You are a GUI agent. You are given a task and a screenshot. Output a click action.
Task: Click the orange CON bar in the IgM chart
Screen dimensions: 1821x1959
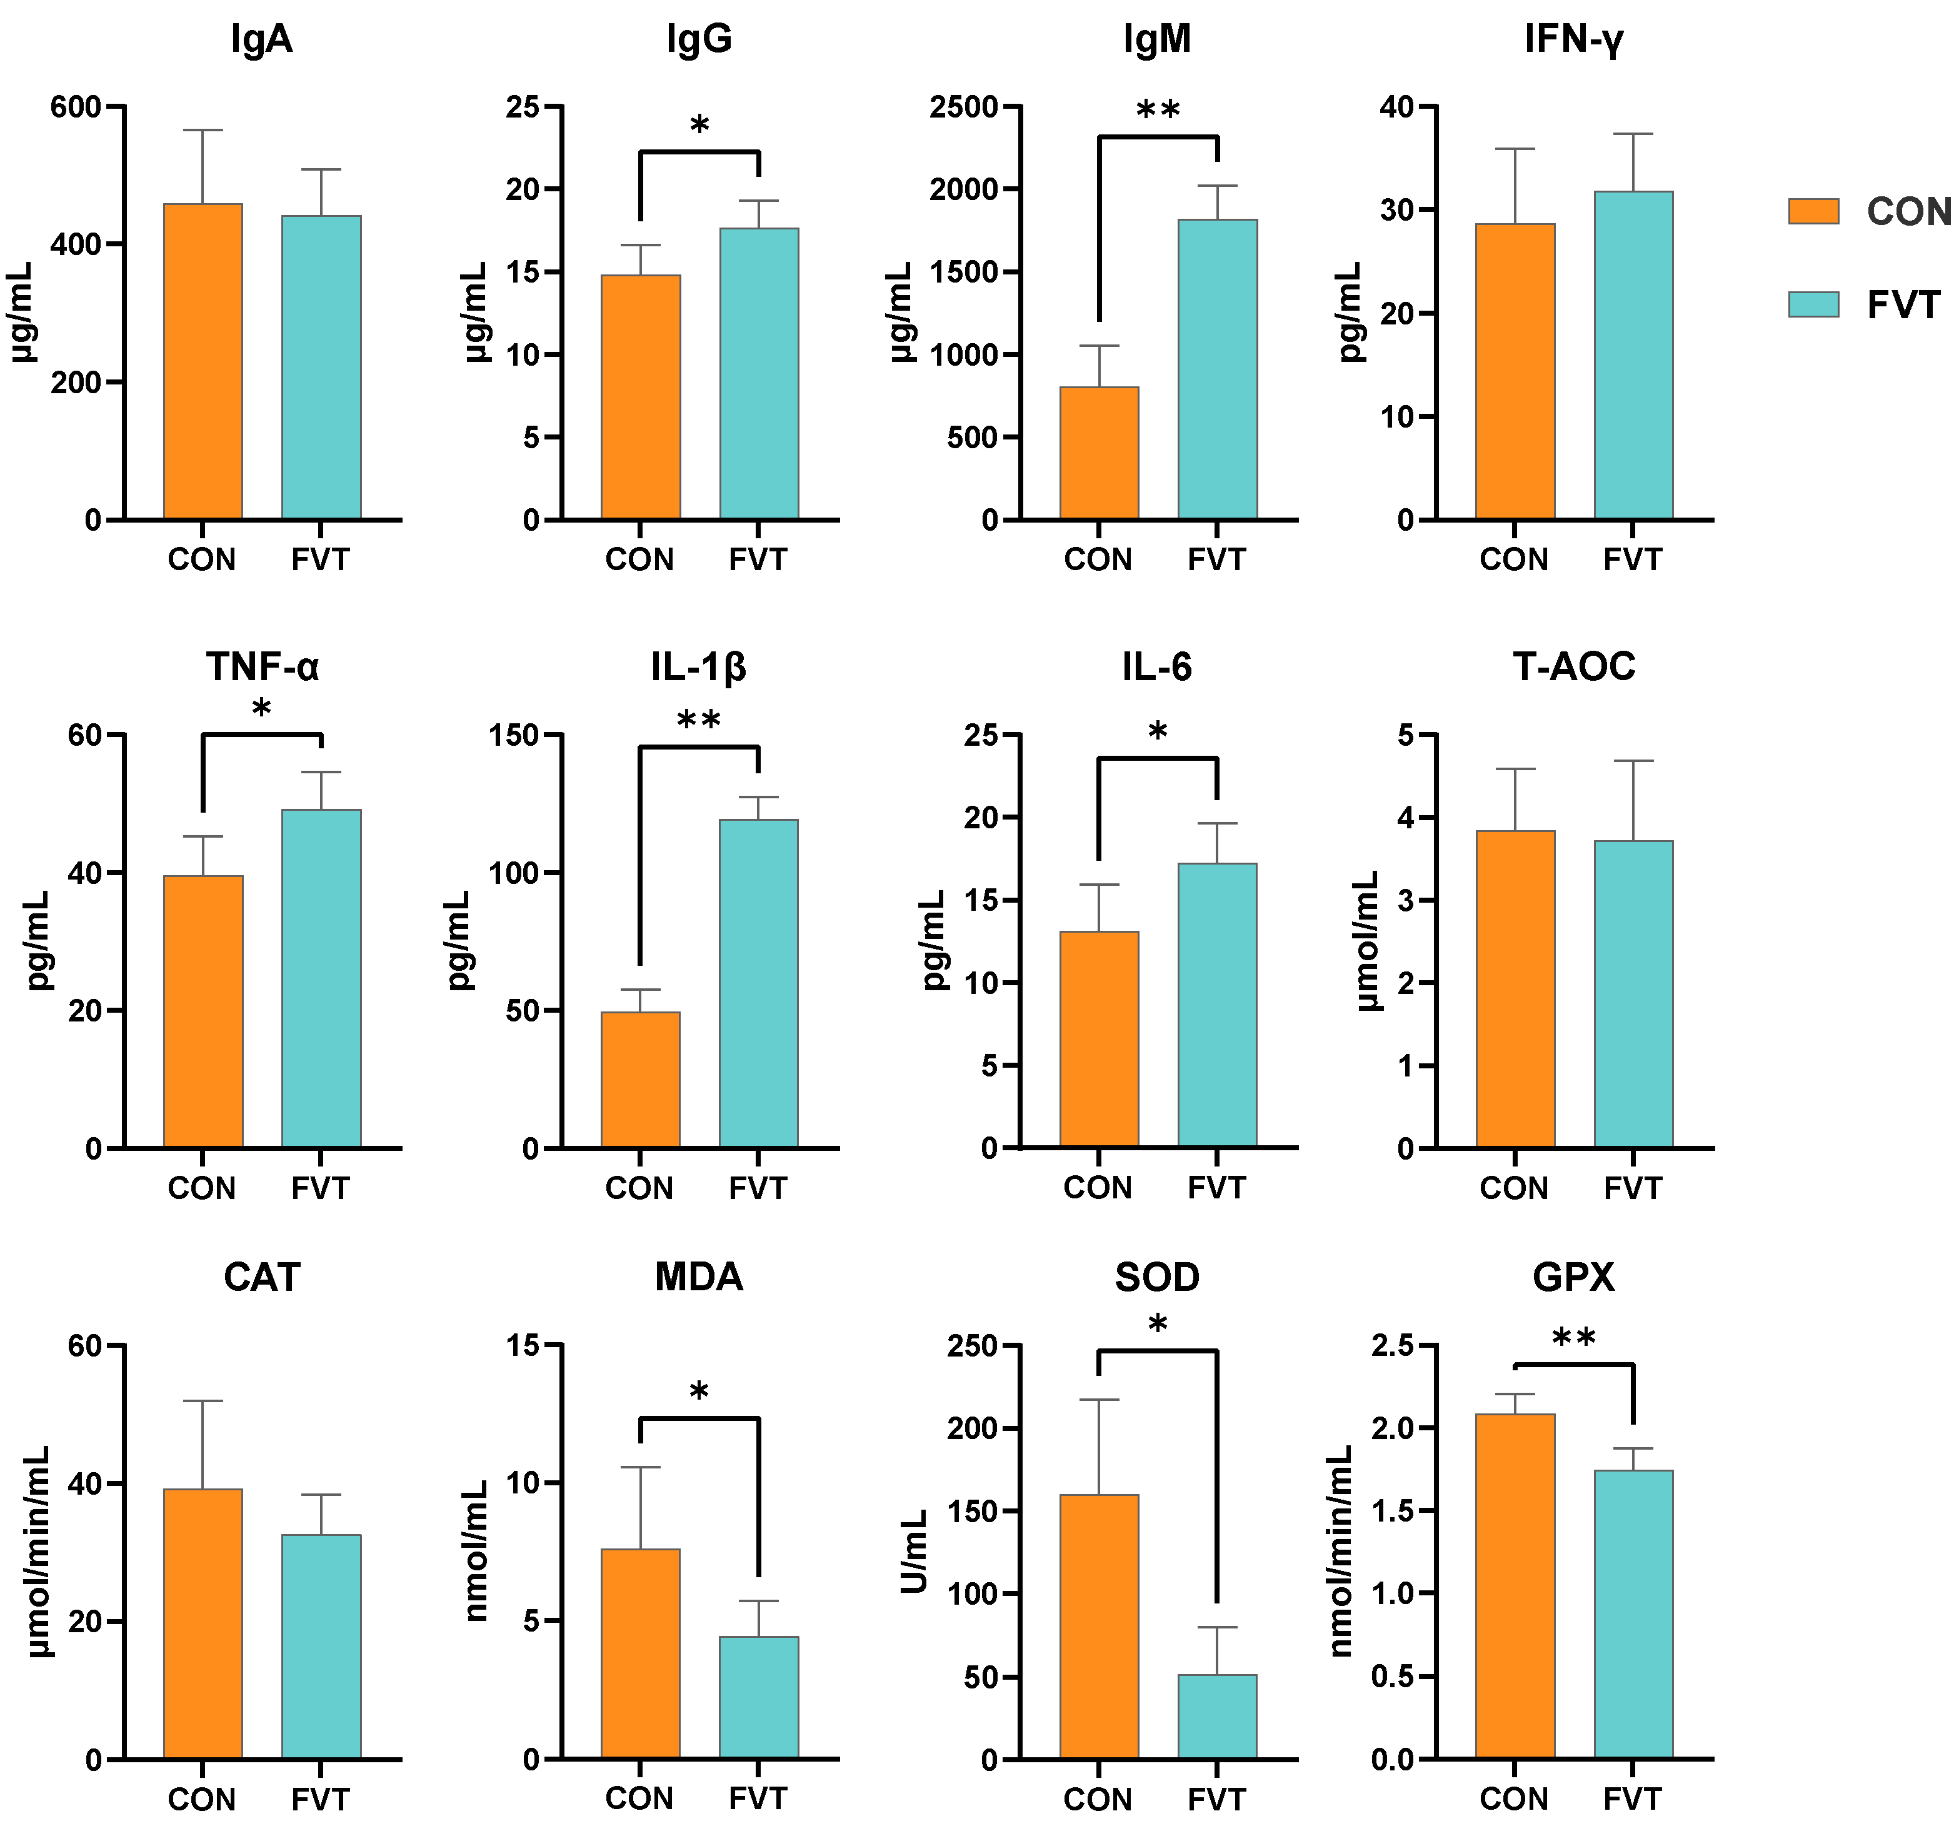click(x=1099, y=453)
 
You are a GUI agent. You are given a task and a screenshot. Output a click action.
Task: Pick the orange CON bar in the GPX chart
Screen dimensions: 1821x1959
click(x=1515, y=1587)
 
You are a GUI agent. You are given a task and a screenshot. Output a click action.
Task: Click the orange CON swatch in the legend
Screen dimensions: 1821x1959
click(x=1813, y=211)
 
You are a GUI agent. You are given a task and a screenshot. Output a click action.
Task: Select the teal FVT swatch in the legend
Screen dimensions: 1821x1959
click(x=1813, y=304)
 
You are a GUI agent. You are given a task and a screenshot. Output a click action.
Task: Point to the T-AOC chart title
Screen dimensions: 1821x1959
click(x=1574, y=667)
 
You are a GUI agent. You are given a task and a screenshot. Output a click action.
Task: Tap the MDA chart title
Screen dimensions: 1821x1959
click(x=699, y=1277)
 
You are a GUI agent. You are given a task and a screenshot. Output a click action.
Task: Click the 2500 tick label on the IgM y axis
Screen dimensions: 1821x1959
click(x=964, y=106)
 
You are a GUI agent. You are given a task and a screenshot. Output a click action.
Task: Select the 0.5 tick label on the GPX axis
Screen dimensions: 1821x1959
click(x=1393, y=1677)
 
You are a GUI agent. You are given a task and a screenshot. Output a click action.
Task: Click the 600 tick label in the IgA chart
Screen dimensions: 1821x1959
click(x=76, y=106)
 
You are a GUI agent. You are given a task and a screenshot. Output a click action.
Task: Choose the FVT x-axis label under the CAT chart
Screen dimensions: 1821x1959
click(x=320, y=1799)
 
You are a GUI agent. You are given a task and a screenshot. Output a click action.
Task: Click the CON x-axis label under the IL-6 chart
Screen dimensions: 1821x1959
click(x=1098, y=1187)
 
